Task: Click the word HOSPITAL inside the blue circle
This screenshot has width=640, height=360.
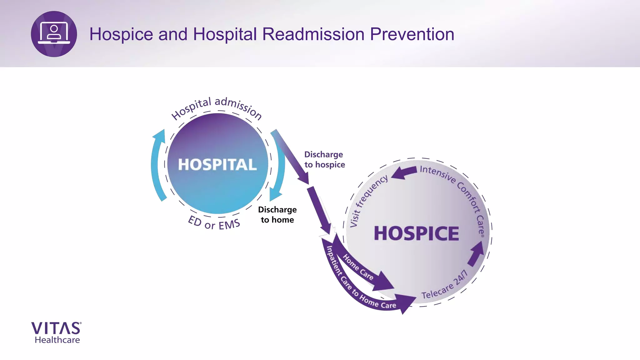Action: coord(217,165)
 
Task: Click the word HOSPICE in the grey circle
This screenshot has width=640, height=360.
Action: coord(416,233)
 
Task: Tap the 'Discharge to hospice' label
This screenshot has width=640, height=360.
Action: coord(324,160)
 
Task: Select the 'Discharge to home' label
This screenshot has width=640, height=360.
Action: coord(277,215)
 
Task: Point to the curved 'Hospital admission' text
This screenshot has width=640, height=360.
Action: coord(217,106)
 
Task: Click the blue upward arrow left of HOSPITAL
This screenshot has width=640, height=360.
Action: coord(158,162)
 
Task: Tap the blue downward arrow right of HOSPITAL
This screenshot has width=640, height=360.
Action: coord(278,175)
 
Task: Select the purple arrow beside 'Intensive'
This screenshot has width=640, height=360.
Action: coord(404,172)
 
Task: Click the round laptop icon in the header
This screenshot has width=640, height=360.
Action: coord(54,34)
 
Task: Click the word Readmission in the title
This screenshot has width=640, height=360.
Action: coord(313,34)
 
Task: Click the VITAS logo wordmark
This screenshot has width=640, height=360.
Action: coord(56,328)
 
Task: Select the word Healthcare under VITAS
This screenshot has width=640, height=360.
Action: coord(57,340)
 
